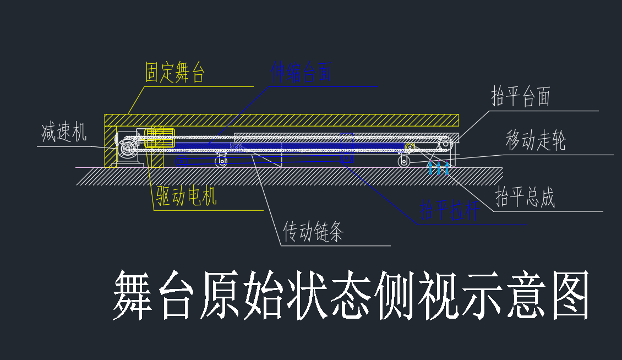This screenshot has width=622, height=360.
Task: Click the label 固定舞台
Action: click(175, 73)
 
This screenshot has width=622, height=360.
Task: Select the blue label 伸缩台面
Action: click(301, 72)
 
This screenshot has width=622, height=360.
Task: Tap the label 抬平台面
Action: click(521, 97)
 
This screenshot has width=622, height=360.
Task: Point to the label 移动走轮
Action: click(536, 141)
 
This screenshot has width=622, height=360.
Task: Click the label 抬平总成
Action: click(525, 197)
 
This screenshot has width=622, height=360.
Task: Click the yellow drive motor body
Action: click(160, 138)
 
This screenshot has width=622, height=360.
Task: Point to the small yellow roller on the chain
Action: click(410, 146)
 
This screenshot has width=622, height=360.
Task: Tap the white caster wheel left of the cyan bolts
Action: click(405, 161)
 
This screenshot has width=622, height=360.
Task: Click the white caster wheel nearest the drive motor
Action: click(222, 161)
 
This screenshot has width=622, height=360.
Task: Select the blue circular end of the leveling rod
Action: click(346, 159)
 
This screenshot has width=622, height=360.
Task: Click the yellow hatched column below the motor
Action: click(156, 160)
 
